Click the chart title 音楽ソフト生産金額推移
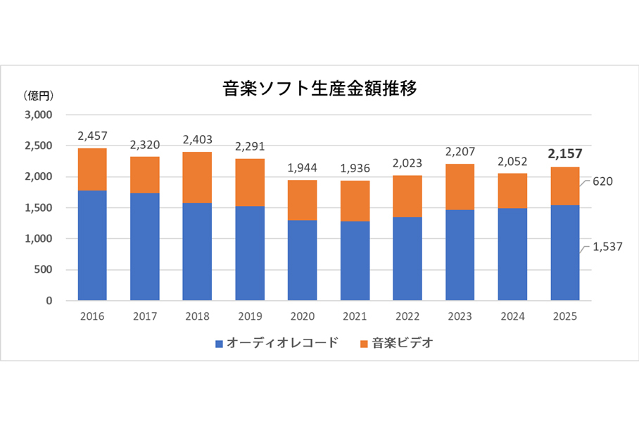(319, 89)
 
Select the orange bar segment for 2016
(92, 169)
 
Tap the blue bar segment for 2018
(196, 252)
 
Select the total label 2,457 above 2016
(92, 136)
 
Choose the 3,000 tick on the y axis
(40, 115)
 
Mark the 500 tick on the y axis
(45, 270)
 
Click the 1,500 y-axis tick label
(40, 208)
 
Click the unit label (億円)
(37, 95)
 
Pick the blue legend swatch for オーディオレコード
(219, 344)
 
